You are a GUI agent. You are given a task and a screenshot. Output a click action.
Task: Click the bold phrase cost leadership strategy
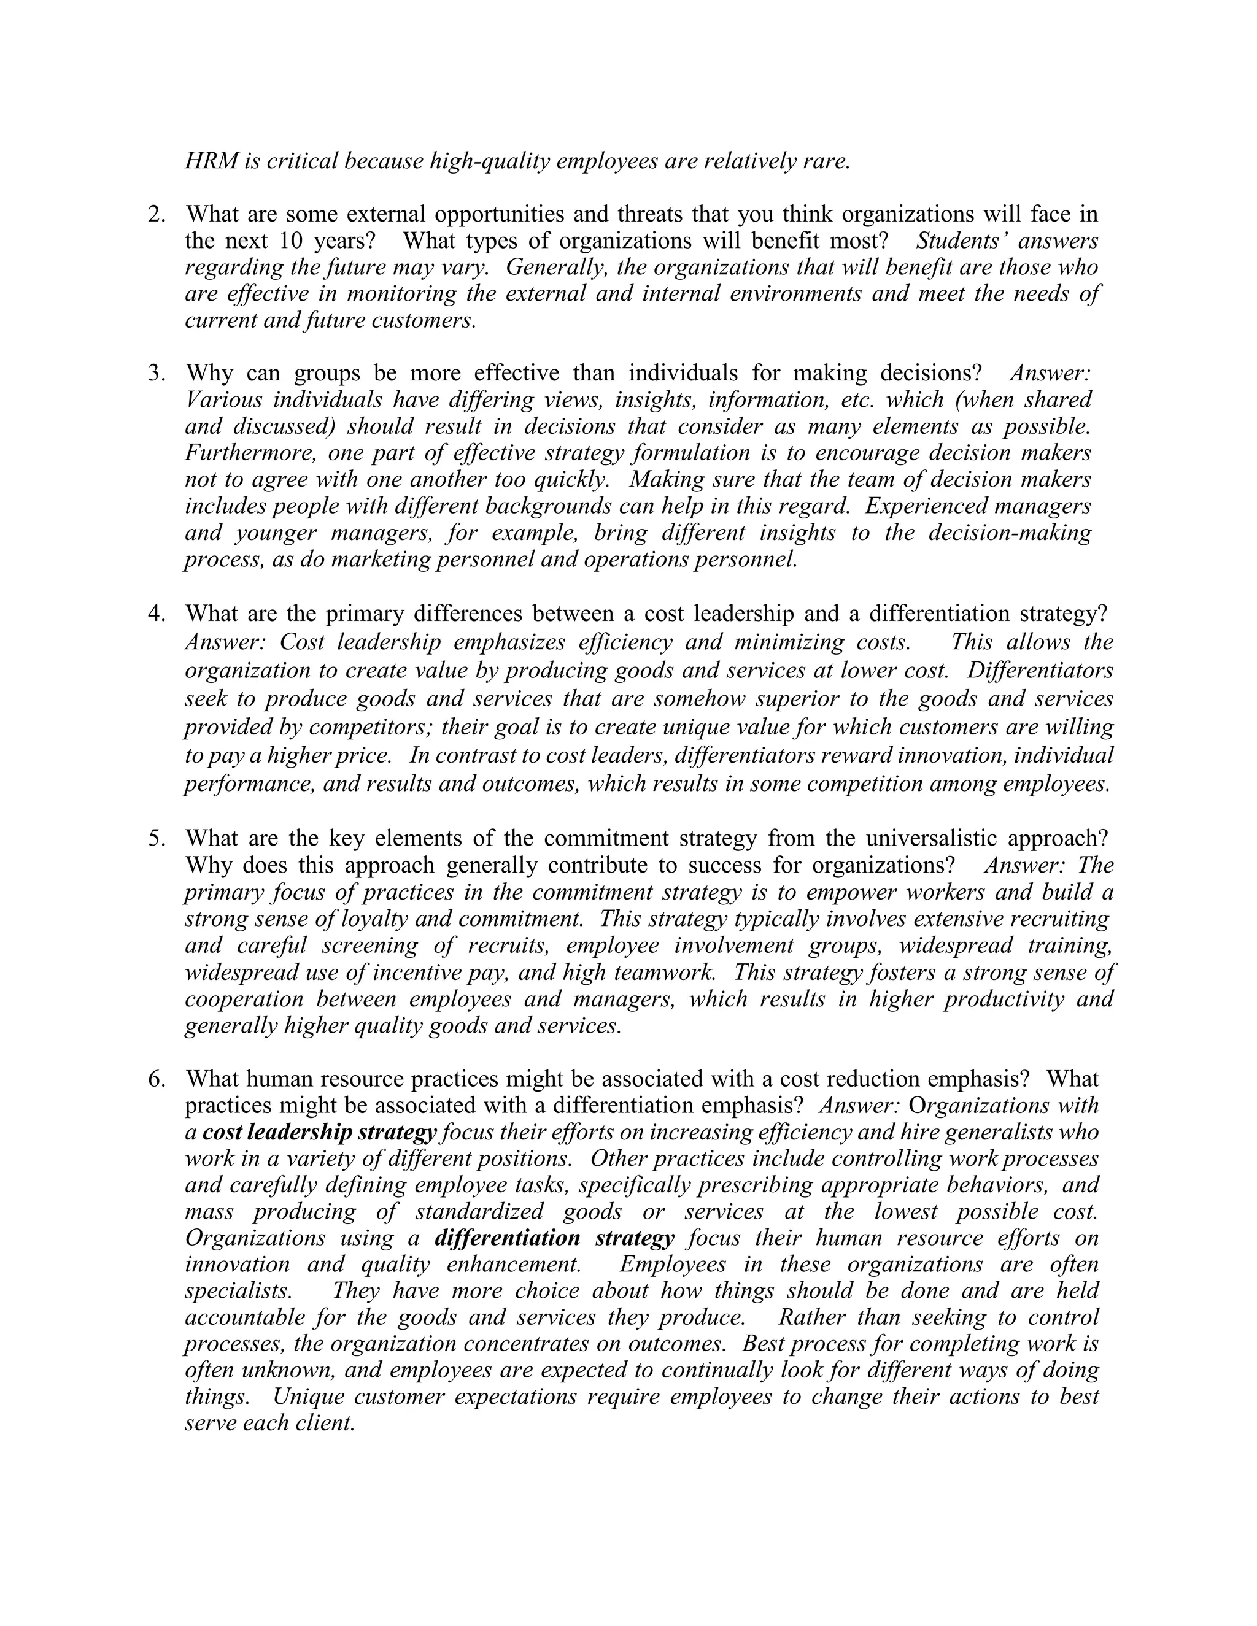coord(319,1133)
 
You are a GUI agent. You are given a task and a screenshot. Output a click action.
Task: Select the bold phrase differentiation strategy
coord(554,1238)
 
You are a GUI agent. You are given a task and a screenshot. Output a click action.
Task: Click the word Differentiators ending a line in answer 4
coord(1040,671)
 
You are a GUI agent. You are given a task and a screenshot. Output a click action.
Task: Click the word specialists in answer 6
coord(238,1291)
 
